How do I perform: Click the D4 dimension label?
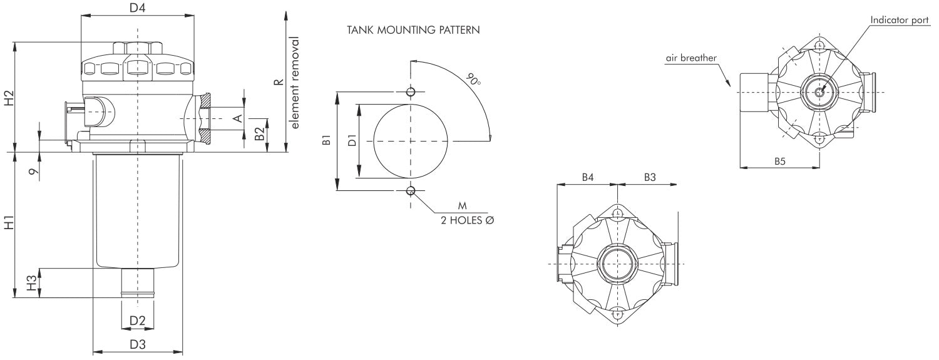point(137,9)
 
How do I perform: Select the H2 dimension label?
point(8,98)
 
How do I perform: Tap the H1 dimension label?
point(8,224)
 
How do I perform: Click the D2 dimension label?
point(137,321)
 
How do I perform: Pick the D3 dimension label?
point(137,344)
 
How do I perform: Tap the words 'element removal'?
point(295,83)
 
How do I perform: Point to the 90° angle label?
point(473,80)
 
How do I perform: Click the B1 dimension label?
point(326,140)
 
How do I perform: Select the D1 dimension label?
point(352,141)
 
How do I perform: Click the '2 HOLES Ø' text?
point(468,220)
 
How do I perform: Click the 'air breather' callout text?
point(691,58)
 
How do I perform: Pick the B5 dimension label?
point(779,161)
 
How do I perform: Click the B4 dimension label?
point(587,178)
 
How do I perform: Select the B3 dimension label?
point(650,178)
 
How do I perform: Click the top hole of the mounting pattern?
point(411,92)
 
